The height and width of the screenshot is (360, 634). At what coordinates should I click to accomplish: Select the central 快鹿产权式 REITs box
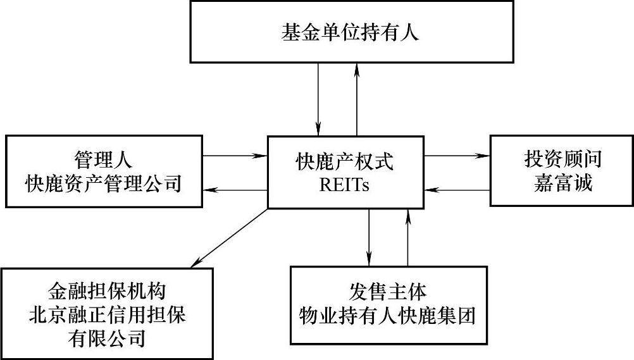click(344, 171)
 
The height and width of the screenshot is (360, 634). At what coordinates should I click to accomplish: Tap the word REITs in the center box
click(345, 186)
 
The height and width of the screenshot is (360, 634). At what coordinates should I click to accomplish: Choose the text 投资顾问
click(563, 159)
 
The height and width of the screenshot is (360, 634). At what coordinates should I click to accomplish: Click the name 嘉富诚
click(562, 184)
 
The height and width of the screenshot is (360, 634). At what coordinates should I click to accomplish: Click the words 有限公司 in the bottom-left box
click(106, 338)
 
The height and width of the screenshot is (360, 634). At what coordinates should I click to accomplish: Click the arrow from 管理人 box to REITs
click(235, 155)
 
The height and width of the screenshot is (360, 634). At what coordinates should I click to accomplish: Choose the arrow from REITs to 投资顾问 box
click(457, 155)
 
